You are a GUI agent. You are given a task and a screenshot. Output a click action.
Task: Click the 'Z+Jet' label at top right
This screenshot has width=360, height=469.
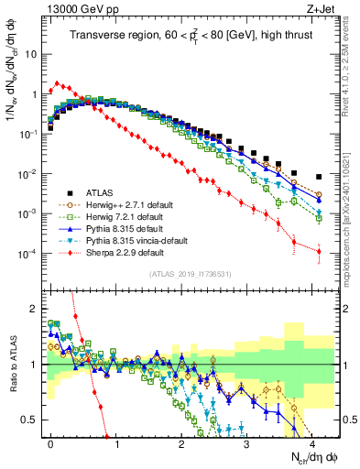(319, 9)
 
